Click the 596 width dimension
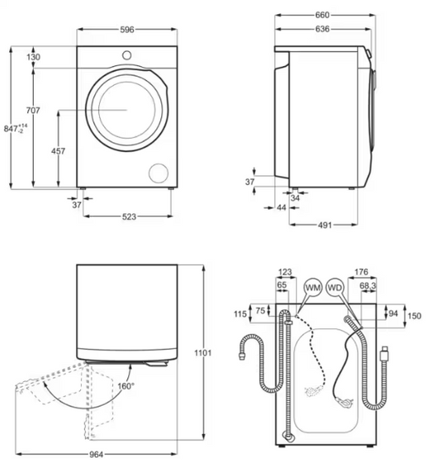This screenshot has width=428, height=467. point(126,29)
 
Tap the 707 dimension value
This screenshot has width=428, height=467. point(33,111)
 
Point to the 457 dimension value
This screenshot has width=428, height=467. point(58,151)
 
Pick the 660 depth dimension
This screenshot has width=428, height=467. point(323,15)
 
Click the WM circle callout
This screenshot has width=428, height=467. point(311,287)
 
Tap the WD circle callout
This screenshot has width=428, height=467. point(335,287)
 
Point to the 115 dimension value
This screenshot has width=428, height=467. point(240,314)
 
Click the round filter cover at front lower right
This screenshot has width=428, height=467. point(156,172)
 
